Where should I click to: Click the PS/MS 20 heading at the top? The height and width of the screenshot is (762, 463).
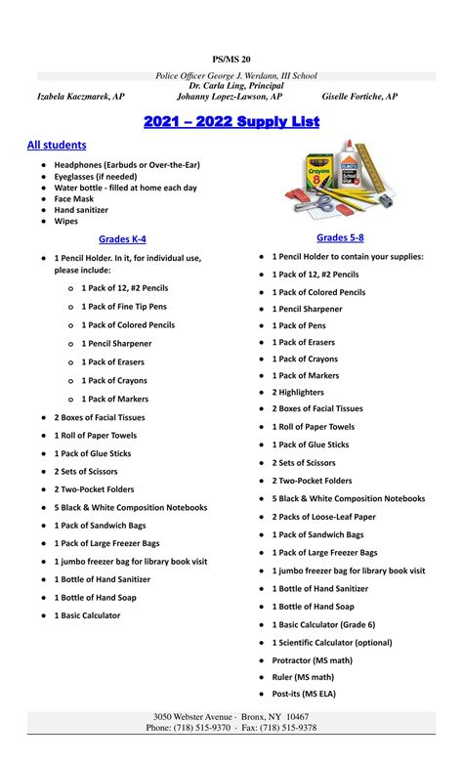(x=231, y=60)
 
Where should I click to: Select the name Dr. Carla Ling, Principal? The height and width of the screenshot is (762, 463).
(x=231, y=86)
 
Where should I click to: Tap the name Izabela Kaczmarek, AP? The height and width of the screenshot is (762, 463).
(x=80, y=97)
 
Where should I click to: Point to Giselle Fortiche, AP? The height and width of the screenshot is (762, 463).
(x=359, y=97)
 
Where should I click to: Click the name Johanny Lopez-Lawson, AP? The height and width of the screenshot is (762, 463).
(x=230, y=97)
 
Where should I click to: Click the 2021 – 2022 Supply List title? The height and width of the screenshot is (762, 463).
(x=231, y=121)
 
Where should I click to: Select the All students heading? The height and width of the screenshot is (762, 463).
(x=57, y=145)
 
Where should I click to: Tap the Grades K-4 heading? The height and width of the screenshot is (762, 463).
(x=122, y=238)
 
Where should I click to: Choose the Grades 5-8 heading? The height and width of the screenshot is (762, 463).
(x=340, y=237)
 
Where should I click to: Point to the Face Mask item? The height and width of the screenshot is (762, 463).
(x=74, y=198)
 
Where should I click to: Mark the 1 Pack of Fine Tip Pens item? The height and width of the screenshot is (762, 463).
(x=124, y=307)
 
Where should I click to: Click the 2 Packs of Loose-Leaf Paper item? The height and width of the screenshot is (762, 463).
(x=323, y=517)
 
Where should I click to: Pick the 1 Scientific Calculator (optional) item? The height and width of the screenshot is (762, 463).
(x=331, y=643)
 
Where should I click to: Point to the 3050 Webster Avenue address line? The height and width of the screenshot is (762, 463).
(x=231, y=717)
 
